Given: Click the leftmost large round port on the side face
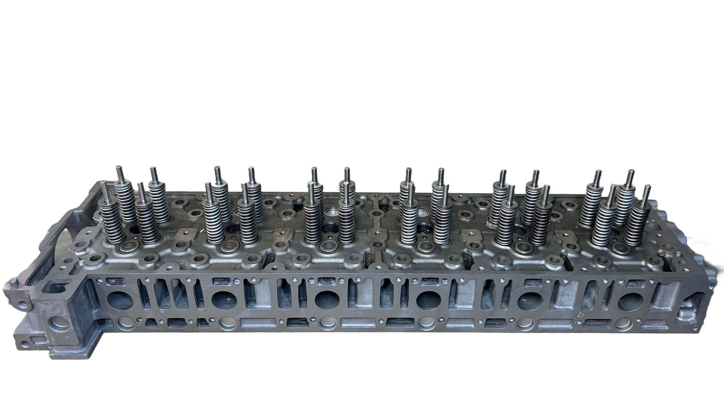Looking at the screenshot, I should point(121,300).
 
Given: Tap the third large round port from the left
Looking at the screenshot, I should point(326,300).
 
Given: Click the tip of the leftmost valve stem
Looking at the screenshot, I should point(105,185).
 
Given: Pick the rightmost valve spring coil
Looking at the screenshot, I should point(641,220).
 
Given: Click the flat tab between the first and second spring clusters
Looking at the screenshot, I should point(186,234).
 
